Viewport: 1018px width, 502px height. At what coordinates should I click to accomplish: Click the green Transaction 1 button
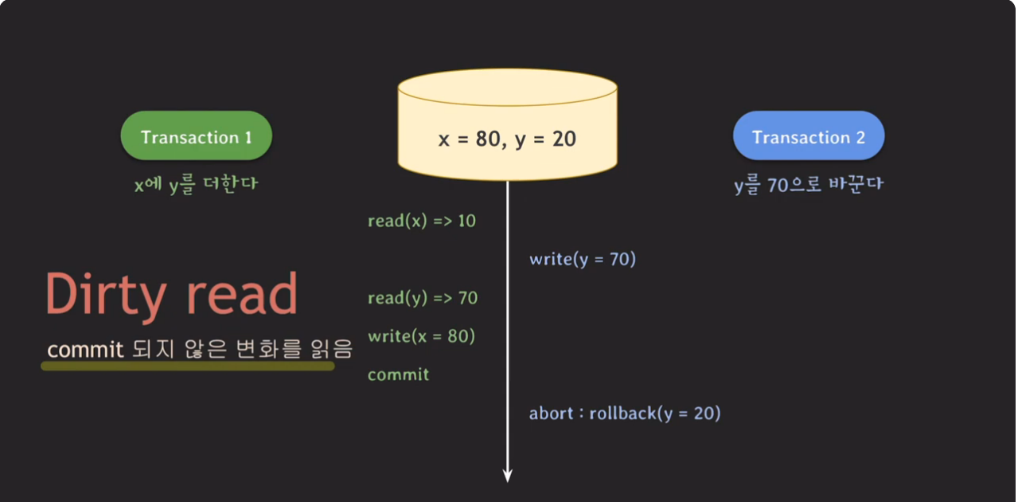click(x=196, y=137)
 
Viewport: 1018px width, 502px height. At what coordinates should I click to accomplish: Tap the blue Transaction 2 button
click(x=808, y=137)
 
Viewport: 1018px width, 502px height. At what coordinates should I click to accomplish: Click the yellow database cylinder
click(x=507, y=127)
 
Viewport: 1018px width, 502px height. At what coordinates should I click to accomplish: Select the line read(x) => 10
click(x=421, y=221)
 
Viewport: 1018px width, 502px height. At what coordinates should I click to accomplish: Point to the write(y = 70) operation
click(x=582, y=259)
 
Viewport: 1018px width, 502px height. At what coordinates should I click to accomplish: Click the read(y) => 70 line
click(x=423, y=298)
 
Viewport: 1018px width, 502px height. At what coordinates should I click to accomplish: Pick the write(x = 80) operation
click(x=421, y=336)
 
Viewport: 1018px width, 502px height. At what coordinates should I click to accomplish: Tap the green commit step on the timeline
click(x=398, y=375)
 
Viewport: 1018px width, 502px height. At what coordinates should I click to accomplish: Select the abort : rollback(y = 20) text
click(x=624, y=414)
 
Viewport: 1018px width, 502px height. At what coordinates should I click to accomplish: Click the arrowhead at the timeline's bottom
click(x=507, y=476)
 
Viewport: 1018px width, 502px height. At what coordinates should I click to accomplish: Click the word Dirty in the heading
click(x=105, y=296)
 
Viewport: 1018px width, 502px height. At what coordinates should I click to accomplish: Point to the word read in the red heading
click(x=242, y=296)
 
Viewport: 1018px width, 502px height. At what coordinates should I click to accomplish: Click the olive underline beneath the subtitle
click(x=188, y=366)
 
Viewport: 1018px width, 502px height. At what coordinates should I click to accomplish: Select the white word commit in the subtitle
click(x=85, y=350)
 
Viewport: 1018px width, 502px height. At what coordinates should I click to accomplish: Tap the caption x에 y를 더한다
click(x=196, y=184)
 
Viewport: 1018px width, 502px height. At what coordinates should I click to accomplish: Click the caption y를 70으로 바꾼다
click(x=809, y=184)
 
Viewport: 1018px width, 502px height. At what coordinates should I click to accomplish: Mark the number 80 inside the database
click(x=486, y=139)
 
